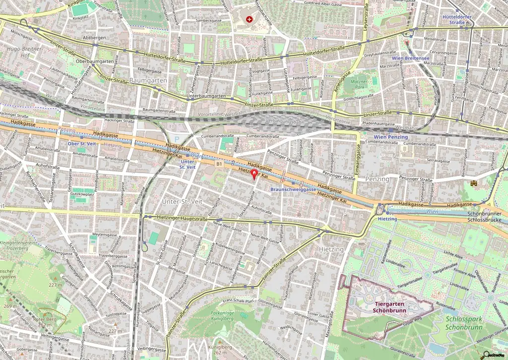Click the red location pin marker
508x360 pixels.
[x=254, y=174]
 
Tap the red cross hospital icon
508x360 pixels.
[x=249, y=19]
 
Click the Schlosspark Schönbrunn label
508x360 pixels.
[x=464, y=323]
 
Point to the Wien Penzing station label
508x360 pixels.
[x=390, y=137]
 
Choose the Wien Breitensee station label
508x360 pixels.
[x=410, y=58]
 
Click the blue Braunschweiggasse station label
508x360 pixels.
[x=293, y=189]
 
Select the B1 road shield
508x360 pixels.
[x=219, y=163]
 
